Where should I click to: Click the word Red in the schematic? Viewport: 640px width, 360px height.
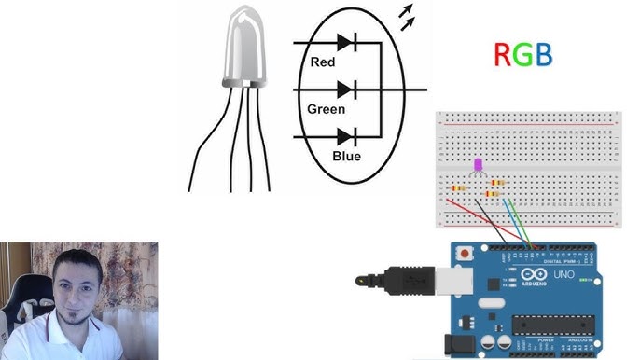coord(323,62)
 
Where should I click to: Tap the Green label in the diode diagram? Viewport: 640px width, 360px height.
coord(327,109)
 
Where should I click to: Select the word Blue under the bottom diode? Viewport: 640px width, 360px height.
coord(346,156)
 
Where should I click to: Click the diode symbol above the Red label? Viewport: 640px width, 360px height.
coord(345,42)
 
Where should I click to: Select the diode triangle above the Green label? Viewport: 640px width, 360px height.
coord(345,90)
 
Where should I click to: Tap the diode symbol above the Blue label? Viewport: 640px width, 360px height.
coord(345,137)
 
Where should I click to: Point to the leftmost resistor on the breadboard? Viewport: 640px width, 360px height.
coord(459,187)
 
